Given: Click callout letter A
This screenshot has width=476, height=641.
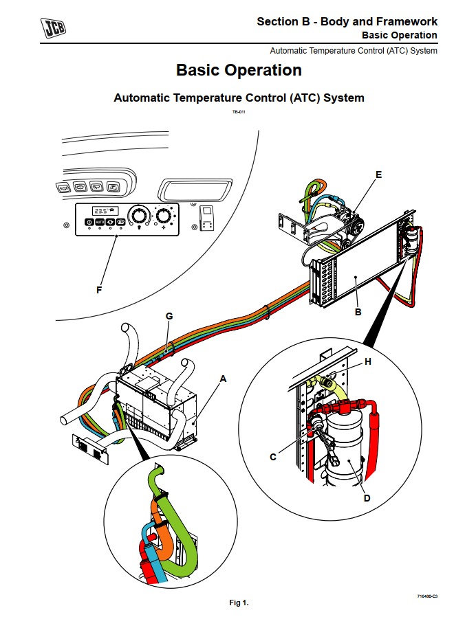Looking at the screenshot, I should click(x=222, y=378).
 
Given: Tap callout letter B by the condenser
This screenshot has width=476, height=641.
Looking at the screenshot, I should click(x=358, y=313).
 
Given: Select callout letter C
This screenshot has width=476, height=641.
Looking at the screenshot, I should click(x=273, y=457).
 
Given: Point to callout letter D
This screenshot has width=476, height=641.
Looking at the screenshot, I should click(x=367, y=498).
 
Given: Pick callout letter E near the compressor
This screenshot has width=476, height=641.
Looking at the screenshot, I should click(x=378, y=175).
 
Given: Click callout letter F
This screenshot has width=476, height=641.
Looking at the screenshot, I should click(x=99, y=291).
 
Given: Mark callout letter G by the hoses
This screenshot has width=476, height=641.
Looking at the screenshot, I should click(x=169, y=316).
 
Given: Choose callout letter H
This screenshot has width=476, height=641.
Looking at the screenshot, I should click(x=368, y=361).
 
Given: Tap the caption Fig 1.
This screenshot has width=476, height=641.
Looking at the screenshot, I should click(x=239, y=603).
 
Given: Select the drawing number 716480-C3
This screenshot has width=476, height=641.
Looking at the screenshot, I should click(x=426, y=596).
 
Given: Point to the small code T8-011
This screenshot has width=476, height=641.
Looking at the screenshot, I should click(x=239, y=111).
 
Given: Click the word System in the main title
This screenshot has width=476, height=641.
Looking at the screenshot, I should click(x=343, y=98).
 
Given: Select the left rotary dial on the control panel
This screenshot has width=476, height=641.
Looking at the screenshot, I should click(x=140, y=217).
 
